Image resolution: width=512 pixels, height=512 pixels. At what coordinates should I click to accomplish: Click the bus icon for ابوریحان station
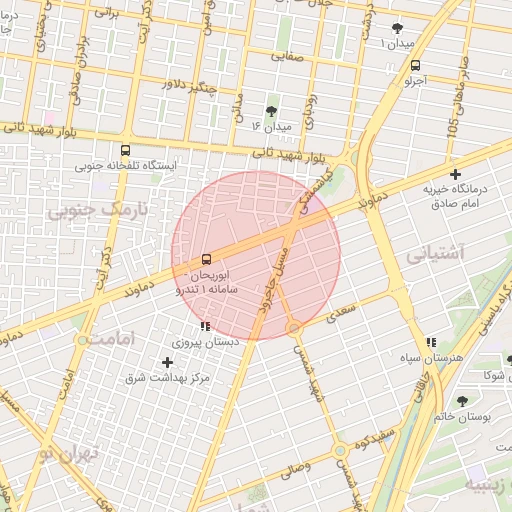206,260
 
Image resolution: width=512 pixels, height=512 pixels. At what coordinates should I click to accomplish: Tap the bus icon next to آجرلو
415,65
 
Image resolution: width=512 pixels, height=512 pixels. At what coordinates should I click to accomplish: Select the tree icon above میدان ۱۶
271,111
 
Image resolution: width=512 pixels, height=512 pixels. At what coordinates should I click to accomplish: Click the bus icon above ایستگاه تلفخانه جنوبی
124,147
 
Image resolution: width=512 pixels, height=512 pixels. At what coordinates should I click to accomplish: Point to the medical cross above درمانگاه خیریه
455,175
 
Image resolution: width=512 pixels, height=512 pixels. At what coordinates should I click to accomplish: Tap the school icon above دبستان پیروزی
205,326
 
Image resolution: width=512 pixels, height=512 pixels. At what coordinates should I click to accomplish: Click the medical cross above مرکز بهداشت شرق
167,362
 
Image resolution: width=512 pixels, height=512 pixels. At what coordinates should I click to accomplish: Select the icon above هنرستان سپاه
431,342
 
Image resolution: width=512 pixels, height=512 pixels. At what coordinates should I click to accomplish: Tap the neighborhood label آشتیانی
436,254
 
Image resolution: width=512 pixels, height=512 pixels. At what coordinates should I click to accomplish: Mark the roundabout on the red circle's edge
294,327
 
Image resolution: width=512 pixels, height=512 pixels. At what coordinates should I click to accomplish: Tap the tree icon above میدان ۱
397,28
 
